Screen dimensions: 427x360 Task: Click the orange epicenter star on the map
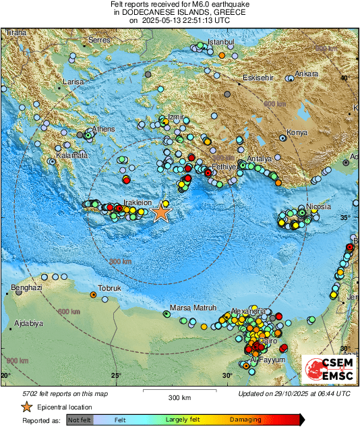click(160, 212)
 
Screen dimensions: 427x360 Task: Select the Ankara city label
click(306, 74)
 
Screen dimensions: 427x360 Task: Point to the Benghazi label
click(26, 288)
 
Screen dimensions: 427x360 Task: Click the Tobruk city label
click(109, 288)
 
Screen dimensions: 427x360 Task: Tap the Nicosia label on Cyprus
click(318, 206)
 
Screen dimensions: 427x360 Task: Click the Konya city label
click(297, 132)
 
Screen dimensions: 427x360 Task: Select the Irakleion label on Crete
click(137, 202)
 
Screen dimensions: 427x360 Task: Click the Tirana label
click(15, 32)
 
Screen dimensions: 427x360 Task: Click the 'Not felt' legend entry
click(80, 420)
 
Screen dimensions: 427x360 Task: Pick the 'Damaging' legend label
click(245, 420)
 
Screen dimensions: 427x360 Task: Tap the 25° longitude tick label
click(116, 376)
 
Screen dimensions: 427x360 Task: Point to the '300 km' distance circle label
click(120, 261)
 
